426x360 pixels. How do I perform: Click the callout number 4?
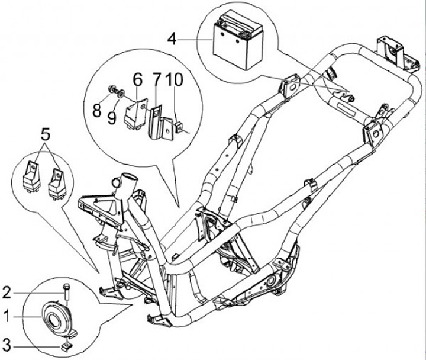172,39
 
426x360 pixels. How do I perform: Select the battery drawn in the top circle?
238,41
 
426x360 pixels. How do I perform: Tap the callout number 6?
137,80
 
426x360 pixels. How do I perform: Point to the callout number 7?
156,80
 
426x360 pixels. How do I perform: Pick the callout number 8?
96,111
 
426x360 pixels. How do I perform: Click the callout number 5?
46,135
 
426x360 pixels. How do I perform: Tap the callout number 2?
7,293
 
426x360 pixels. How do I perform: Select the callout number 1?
7,317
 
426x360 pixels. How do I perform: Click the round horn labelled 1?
58,319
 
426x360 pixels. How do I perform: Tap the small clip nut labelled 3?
66,346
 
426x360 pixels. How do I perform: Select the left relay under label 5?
31,176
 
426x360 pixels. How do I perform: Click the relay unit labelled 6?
135,114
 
